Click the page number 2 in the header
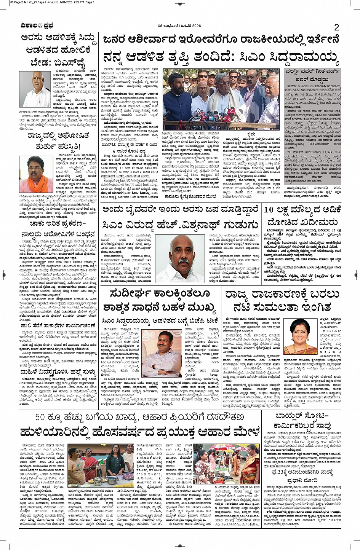(336, 27)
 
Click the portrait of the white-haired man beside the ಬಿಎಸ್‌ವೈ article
(37, 89)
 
